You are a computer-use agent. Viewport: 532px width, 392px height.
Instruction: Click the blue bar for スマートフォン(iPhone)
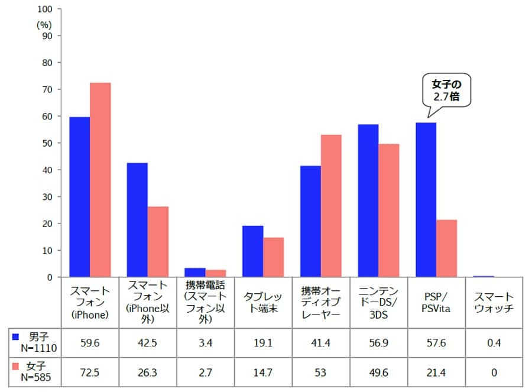pos(79,197)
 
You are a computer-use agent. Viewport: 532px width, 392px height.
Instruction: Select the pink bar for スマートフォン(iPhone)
pos(100,180)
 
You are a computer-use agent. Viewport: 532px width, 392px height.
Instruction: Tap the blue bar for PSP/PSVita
pos(426,200)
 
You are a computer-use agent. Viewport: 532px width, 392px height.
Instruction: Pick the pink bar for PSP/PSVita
pos(446,248)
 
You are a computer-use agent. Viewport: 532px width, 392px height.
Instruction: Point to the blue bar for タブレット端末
pos(252,251)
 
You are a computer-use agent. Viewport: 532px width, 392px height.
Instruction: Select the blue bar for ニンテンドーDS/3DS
pos(368,201)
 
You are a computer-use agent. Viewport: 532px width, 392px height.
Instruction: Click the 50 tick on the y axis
pos(47,143)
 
